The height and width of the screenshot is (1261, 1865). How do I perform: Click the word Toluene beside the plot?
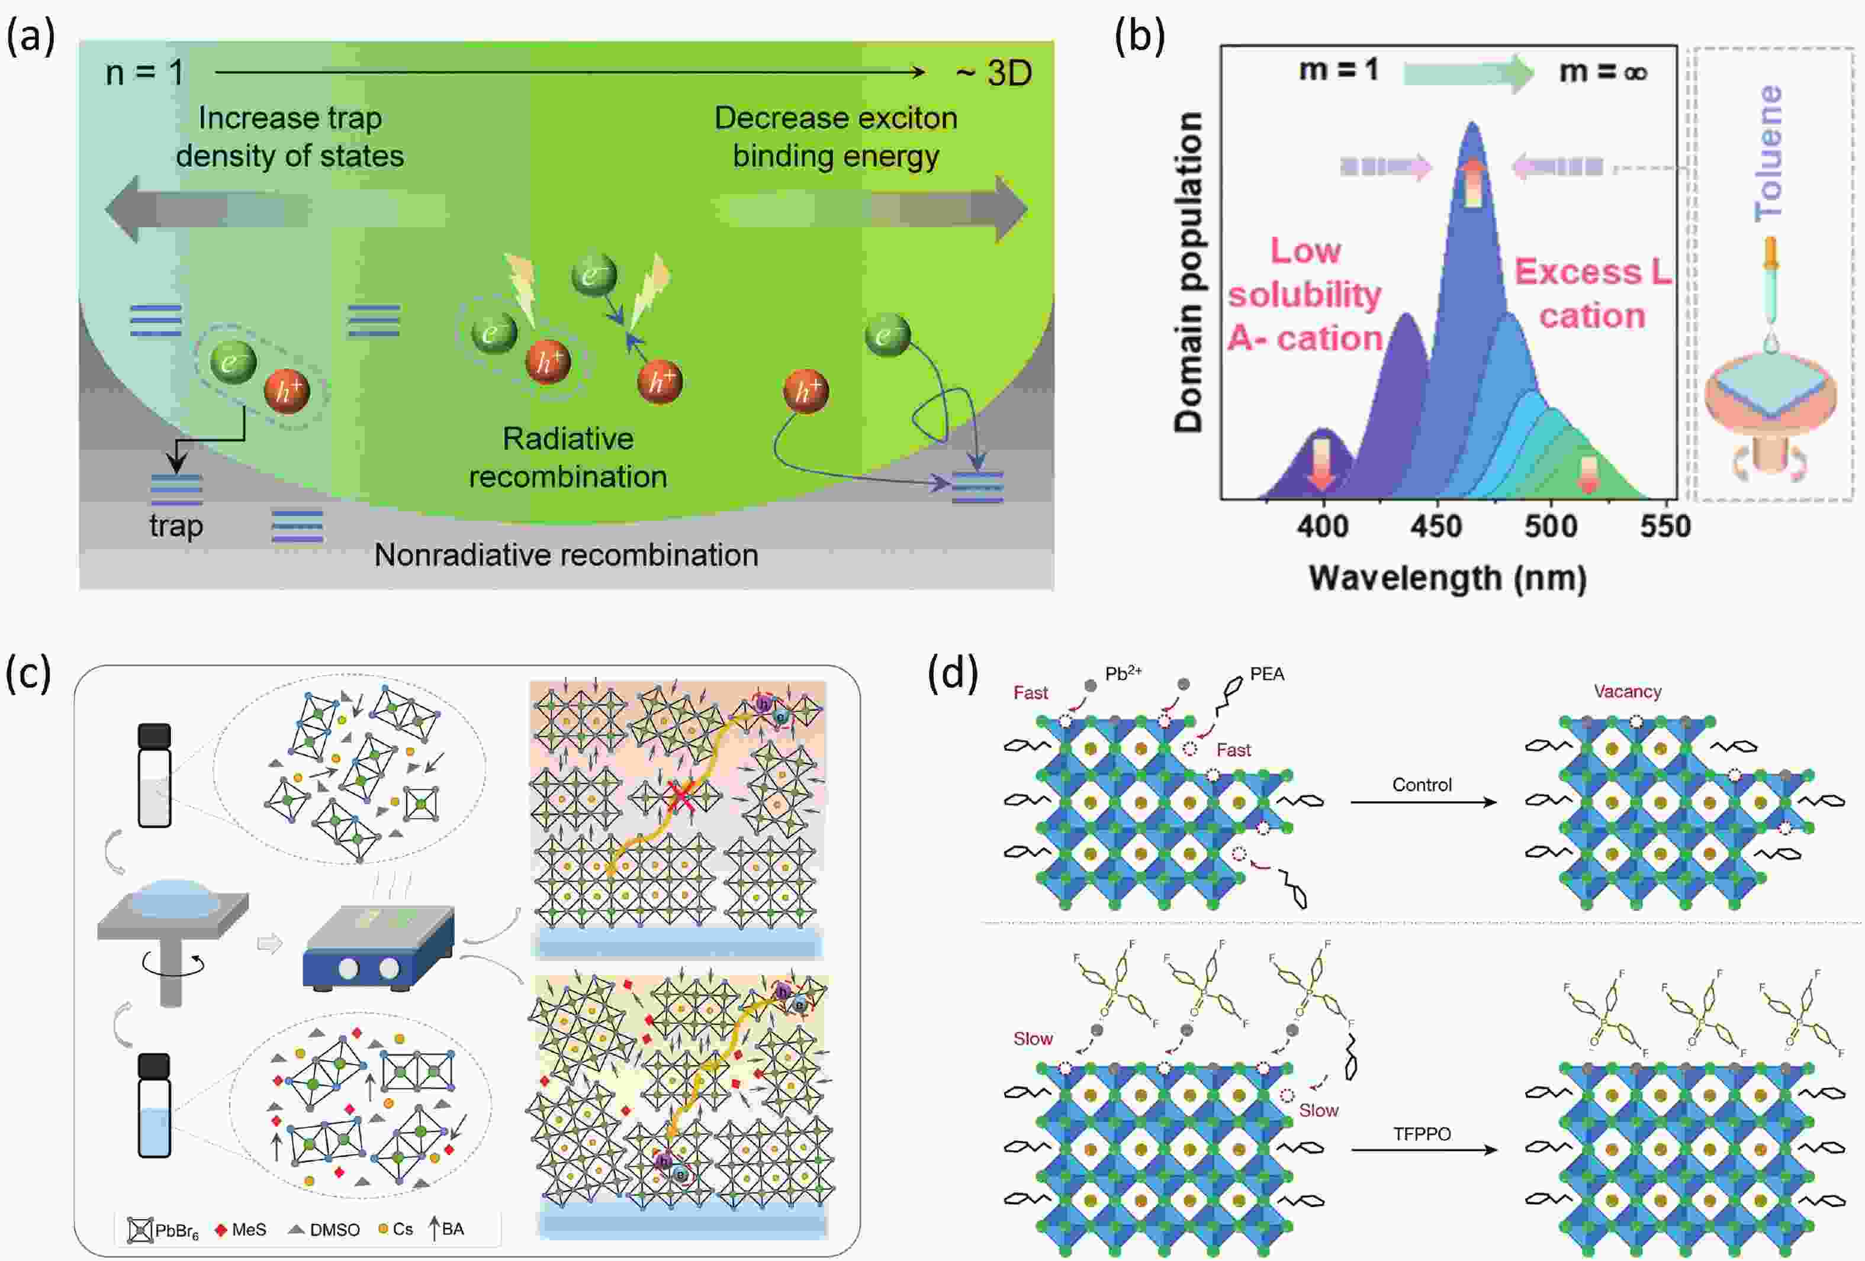(1768, 153)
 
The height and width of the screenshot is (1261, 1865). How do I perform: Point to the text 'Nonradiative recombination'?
(566, 555)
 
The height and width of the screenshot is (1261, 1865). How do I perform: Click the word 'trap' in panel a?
(176, 526)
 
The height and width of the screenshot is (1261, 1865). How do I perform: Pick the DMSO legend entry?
(324, 1230)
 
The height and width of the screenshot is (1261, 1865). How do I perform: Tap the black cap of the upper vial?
(154, 736)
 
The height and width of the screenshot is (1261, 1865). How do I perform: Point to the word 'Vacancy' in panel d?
(1626, 692)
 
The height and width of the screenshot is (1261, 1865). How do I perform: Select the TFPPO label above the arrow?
(1422, 1133)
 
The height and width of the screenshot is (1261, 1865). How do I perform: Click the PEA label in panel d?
(1266, 675)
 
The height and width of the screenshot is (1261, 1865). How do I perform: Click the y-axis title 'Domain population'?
(1188, 273)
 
